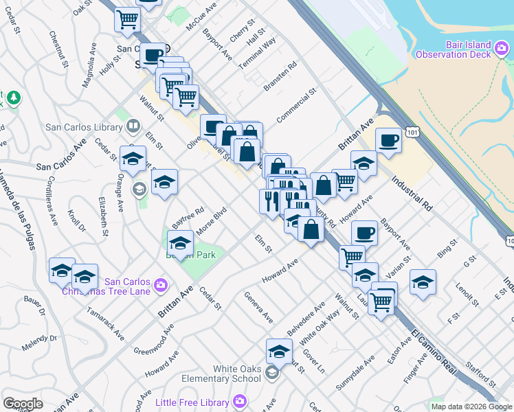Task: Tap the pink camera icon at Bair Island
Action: [x=502, y=48]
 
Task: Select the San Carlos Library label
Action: [x=83, y=127]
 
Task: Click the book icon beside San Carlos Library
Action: [x=133, y=126]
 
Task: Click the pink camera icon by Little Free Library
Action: [x=239, y=400]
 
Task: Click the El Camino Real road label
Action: [x=434, y=351]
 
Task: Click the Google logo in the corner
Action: [x=23, y=404]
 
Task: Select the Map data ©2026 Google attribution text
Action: [x=471, y=407]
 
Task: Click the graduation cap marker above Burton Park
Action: [x=180, y=243]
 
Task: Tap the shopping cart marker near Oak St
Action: [x=127, y=21]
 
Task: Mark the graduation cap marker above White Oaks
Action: [x=279, y=352]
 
